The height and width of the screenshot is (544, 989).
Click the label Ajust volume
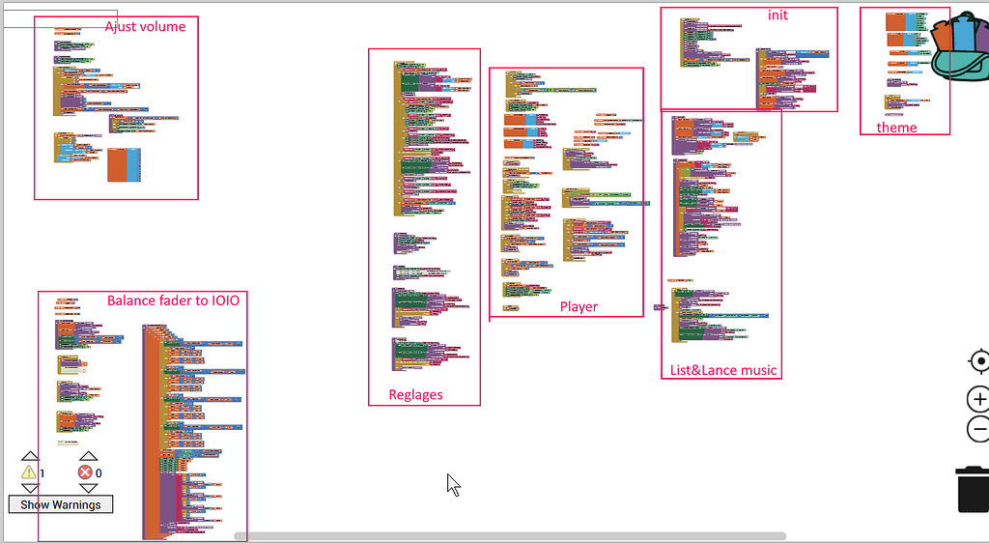[145, 26]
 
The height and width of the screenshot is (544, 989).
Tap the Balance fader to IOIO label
[173, 301]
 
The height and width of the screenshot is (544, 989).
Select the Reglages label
[415, 394]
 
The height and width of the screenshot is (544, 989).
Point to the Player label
[579, 306]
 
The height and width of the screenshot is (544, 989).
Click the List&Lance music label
[723, 370]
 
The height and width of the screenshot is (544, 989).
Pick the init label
[777, 14]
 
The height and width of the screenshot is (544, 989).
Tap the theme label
[896, 128]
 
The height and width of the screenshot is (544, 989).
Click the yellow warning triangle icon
[29, 472]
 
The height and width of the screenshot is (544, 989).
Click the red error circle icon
[86, 472]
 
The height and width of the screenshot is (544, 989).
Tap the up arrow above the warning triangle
[30, 457]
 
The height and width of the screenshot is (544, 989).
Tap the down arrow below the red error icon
[88, 488]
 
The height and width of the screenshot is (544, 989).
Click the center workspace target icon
[978, 361]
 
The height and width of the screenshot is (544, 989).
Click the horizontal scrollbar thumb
[510, 535]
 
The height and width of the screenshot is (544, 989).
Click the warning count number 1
[42, 473]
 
